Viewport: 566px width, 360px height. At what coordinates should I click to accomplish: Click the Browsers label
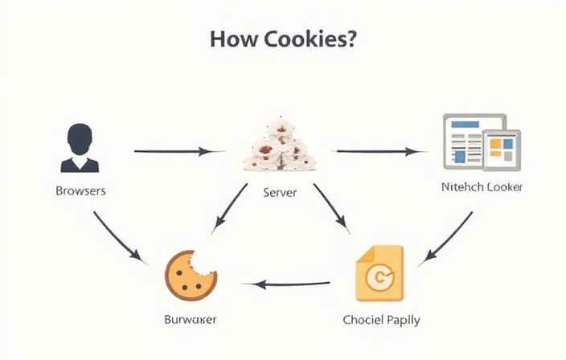pyautogui.click(x=80, y=192)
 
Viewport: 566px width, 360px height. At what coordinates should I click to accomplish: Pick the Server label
pyautogui.click(x=281, y=193)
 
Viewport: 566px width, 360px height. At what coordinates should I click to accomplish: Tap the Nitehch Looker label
pyautogui.click(x=482, y=187)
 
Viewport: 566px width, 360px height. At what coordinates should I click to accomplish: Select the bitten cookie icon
pyautogui.click(x=191, y=273)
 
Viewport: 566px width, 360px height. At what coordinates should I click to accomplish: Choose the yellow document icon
pyautogui.click(x=379, y=273)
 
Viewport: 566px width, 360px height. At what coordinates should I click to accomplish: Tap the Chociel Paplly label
pyautogui.click(x=381, y=319)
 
